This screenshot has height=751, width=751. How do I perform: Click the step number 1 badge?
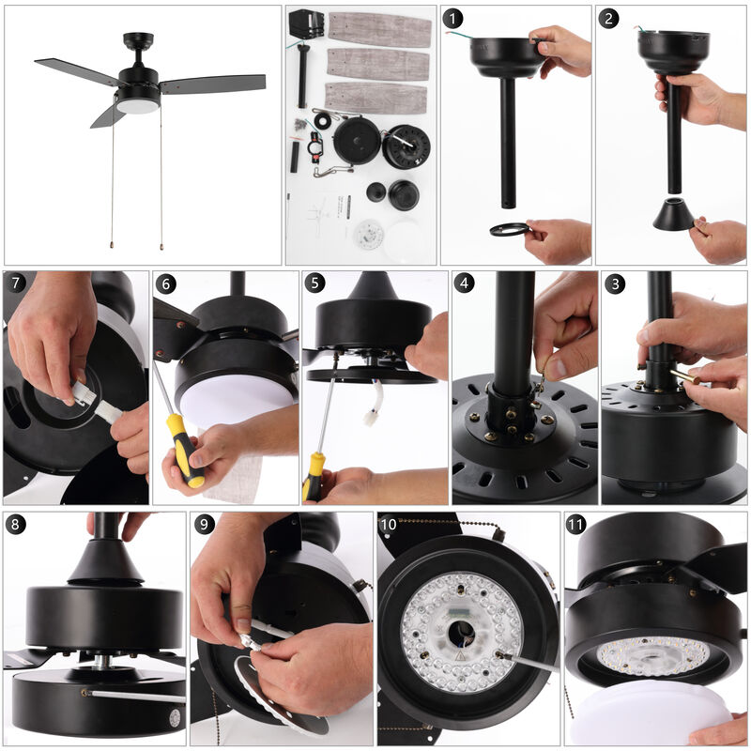pos(454,19)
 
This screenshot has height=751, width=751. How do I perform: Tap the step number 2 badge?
pos(610,19)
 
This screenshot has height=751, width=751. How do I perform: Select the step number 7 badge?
pos(15,284)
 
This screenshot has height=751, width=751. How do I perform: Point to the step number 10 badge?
pos(390,524)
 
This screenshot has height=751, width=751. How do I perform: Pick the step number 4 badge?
pos(465,284)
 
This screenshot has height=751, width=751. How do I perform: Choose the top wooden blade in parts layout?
pos(379,30)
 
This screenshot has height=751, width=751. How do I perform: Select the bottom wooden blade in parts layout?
pos(375,97)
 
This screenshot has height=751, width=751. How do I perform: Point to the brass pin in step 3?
pos(683,376)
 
